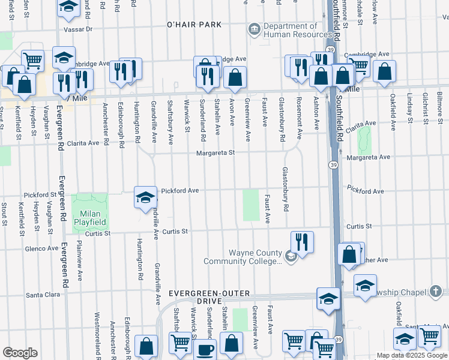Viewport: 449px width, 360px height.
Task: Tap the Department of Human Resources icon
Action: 253,29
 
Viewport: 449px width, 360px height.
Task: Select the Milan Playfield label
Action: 90,218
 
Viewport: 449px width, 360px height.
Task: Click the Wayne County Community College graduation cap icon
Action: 291,257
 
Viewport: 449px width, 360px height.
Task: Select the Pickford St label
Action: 40,195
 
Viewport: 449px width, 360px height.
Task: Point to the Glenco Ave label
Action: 40,248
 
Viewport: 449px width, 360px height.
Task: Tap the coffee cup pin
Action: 205,349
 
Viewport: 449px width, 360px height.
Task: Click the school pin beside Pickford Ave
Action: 145,197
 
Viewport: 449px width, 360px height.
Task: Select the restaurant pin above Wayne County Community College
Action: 302,242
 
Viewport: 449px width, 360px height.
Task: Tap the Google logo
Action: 20,353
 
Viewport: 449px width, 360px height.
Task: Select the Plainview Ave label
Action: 79,260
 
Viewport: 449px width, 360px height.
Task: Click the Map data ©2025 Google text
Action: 412,356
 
